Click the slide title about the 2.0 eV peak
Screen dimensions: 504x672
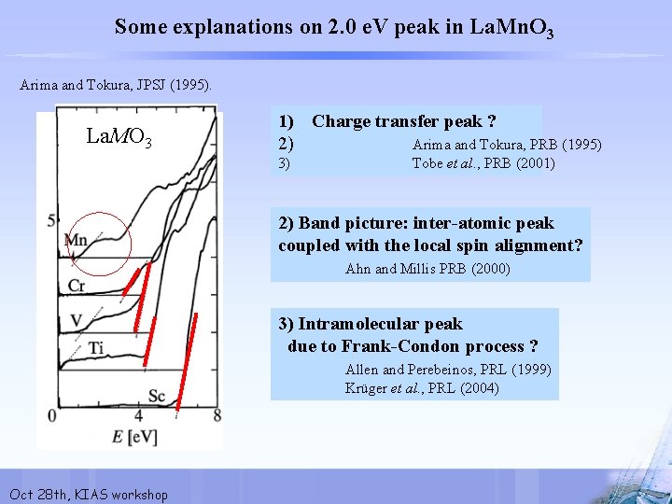click(334, 27)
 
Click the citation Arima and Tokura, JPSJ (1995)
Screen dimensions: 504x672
click(117, 85)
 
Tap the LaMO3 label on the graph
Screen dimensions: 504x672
click(119, 138)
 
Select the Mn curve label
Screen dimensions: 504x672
click(76, 241)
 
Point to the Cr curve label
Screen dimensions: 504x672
click(77, 285)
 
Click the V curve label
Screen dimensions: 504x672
click(77, 321)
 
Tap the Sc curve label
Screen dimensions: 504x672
click(157, 397)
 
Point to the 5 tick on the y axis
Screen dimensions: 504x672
click(52, 219)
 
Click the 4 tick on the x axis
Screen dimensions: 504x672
click(138, 415)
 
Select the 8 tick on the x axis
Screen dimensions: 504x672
click(217, 415)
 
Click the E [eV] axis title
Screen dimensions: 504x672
click(136, 435)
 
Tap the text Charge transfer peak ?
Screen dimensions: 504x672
click(403, 121)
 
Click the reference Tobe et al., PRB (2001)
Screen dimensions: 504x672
click(483, 163)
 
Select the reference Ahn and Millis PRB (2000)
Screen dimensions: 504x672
click(427, 269)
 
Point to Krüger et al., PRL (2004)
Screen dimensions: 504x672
click(422, 388)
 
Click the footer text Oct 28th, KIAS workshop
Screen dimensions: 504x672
click(88, 494)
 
